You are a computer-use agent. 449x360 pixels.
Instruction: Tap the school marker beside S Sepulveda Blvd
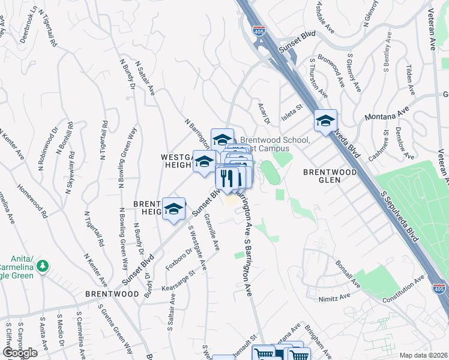325,121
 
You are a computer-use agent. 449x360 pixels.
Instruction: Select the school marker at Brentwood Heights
174,209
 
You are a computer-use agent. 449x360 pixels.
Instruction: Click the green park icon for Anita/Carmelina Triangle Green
42,265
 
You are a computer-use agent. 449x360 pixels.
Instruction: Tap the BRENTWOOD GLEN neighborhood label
330,172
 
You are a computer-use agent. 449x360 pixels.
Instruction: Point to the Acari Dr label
265,112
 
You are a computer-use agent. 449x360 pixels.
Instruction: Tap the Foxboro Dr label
178,260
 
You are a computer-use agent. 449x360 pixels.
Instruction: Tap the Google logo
20,353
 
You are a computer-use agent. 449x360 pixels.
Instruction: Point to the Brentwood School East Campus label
274,143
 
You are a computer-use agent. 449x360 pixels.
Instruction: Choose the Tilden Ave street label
411,80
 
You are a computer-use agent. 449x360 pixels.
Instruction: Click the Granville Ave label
212,231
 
